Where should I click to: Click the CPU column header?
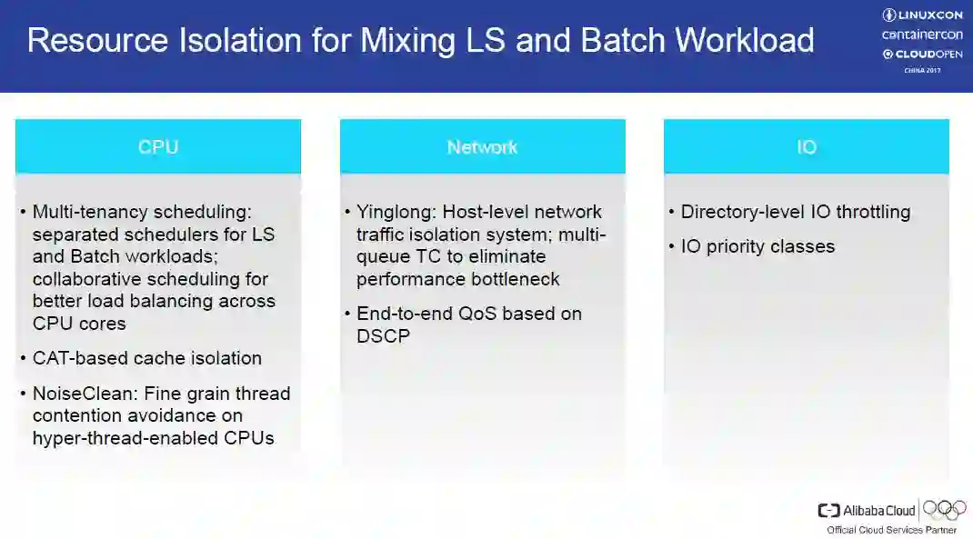pyautogui.click(x=158, y=147)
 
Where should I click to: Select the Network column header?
pyautogui.click(x=482, y=147)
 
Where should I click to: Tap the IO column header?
pyautogui.click(x=807, y=147)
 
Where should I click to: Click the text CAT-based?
pyautogui.click(x=80, y=358)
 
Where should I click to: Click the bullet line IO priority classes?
pyautogui.click(x=757, y=246)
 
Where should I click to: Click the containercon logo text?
pyautogui.click(x=922, y=35)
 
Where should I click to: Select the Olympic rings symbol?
pyautogui.click(x=945, y=509)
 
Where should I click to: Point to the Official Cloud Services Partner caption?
pyautogui.click(x=891, y=530)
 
